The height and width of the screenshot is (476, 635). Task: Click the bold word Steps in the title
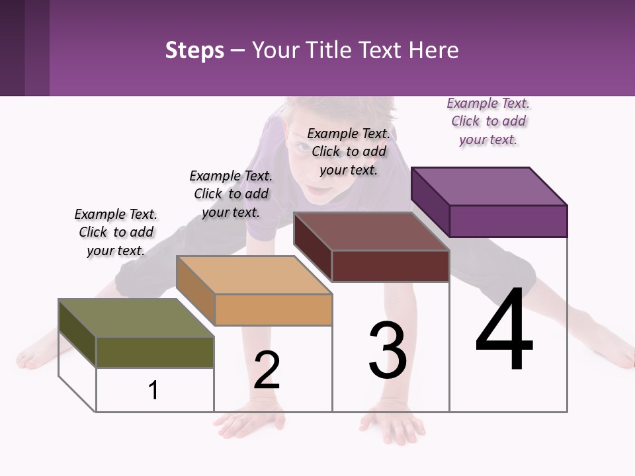click(x=194, y=50)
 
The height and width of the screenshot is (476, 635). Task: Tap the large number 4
click(x=504, y=331)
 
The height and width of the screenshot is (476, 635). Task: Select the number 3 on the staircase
click(x=388, y=350)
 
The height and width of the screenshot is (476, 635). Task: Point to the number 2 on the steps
click(x=267, y=370)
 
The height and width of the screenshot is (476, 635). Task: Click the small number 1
click(x=153, y=390)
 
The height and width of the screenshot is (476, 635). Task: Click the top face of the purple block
click(x=488, y=186)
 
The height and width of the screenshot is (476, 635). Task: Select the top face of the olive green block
click(x=136, y=318)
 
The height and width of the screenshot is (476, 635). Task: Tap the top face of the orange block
click(x=253, y=275)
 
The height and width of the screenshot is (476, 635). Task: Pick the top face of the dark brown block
click(x=370, y=231)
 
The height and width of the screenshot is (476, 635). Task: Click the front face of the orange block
click(x=273, y=309)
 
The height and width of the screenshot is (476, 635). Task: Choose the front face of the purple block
click(x=508, y=221)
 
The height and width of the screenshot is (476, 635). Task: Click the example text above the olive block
click(x=116, y=232)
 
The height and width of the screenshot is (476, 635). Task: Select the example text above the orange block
click(x=231, y=194)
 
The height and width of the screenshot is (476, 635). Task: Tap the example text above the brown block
click(x=349, y=151)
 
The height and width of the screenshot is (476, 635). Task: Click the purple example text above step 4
click(x=488, y=121)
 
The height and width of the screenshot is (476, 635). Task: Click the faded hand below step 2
click(x=251, y=423)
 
